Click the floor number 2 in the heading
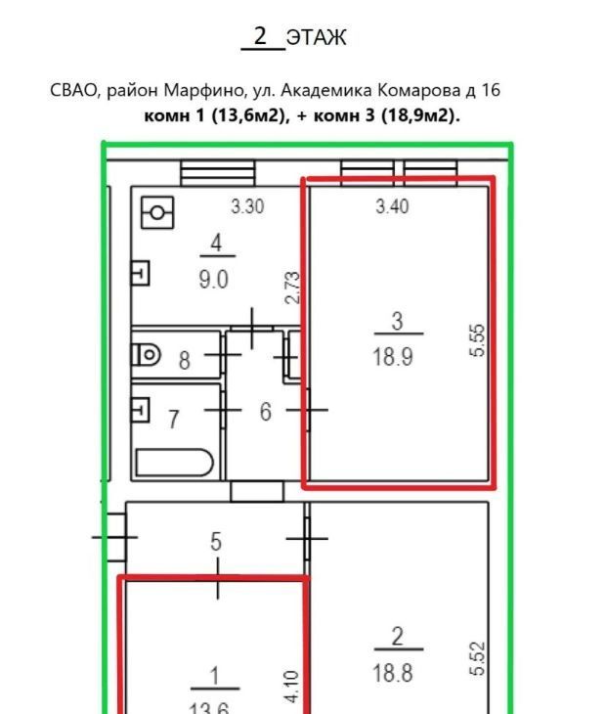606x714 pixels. tap(260, 35)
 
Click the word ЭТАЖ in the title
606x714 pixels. tap(317, 37)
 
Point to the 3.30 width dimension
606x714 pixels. tap(247, 206)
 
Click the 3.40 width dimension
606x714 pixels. tap(392, 206)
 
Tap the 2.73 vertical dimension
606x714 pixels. tap(292, 288)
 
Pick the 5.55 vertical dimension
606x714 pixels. tap(477, 340)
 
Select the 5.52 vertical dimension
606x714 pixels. tap(477, 658)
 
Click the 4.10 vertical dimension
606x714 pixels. tap(292, 687)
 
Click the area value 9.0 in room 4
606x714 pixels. tap(213, 279)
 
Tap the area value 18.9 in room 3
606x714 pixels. tap(393, 356)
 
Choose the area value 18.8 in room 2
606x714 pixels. tap(393, 673)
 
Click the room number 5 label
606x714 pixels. tap(216, 542)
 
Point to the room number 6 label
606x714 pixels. tap(265, 411)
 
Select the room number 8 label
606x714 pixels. tap(185, 360)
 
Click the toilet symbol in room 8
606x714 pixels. tap(146, 354)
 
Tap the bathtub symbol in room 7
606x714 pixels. tap(174, 463)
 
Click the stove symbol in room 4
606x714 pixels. tap(157, 212)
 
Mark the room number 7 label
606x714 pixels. tap(173, 420)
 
